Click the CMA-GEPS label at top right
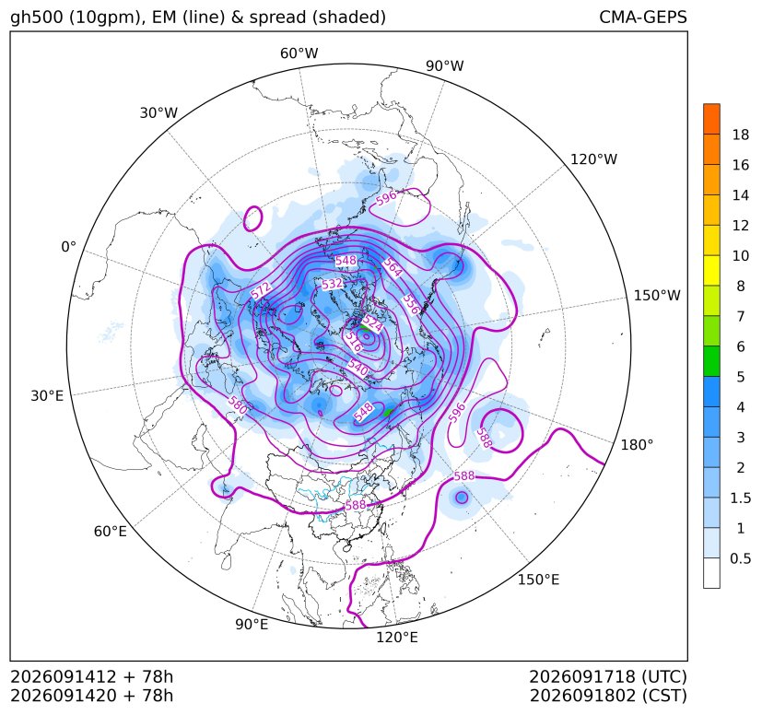tap(643, 17)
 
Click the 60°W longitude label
tap(299, 53)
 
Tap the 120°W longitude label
tap(593, 159)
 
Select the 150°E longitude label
tap(538, 580)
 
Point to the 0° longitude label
tap(68, 247)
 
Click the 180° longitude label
tap(637, 445)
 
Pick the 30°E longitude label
tap(47, 395)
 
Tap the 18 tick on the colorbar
tap(741, 135)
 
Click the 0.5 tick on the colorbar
tap(741, 558)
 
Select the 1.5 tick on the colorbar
tap(741, 498)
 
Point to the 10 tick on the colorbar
tap(741, 255)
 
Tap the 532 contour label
tap(332, 284)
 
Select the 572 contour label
tap(261, 290)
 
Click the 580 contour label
tap(238, 404)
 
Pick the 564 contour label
tap(393, 267)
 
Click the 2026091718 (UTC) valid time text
tap(608, 676)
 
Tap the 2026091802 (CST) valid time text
tap(608, 696)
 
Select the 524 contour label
tap(372, 322)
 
